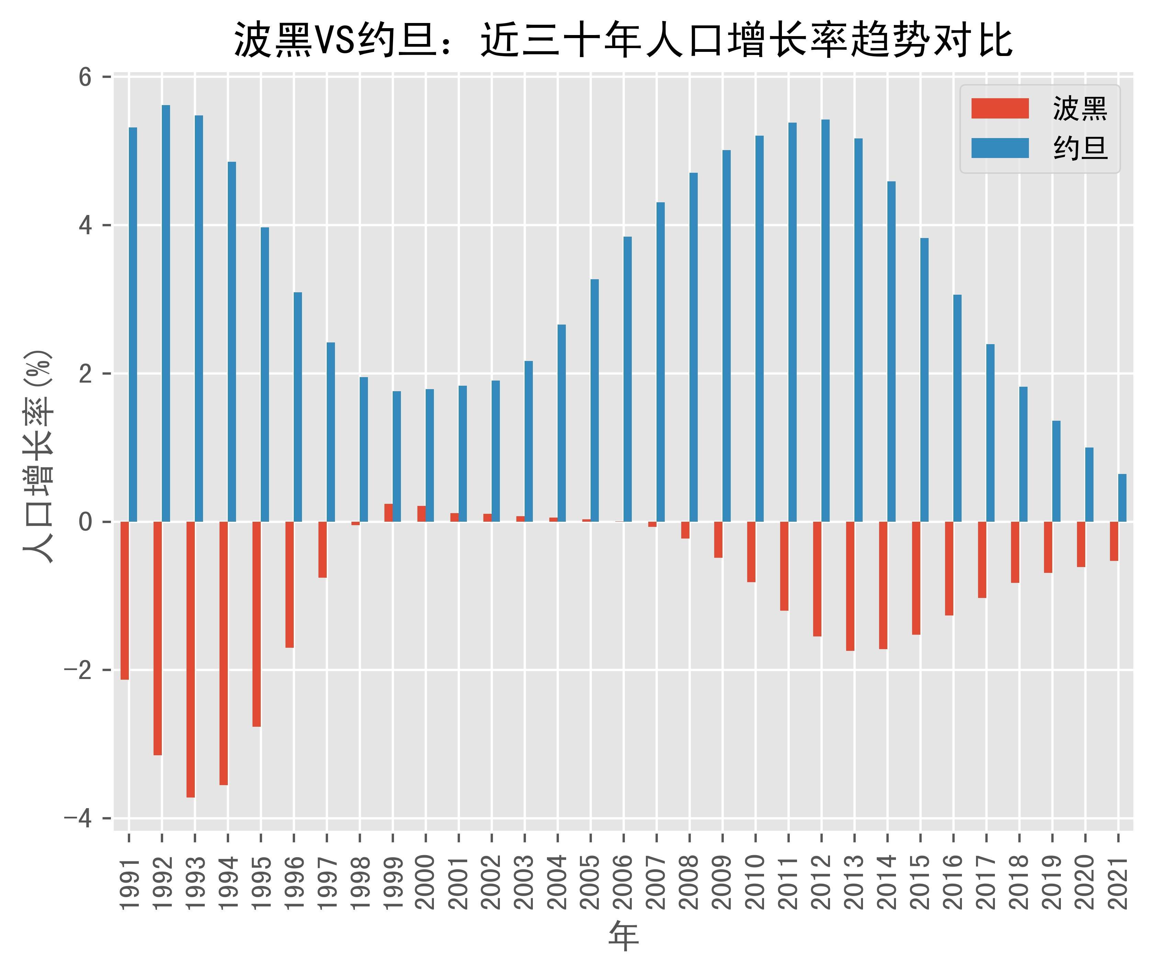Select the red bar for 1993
click(x=190, y=659)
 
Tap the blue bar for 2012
click(x=825, y=320)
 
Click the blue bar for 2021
click(x=1122, y=498)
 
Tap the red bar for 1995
click(x=257, y=624)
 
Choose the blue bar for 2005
click(x=594, y=400)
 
